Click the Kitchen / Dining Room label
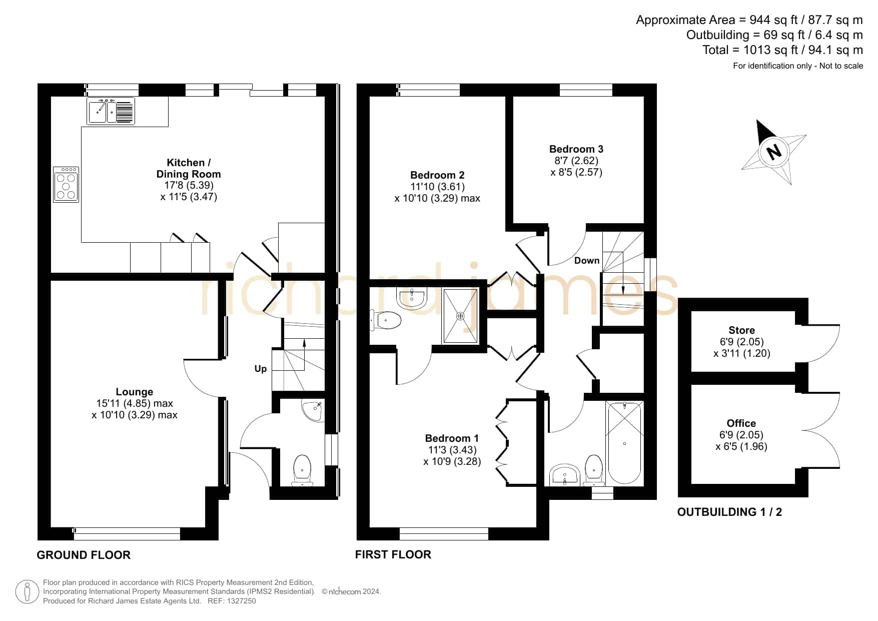pyautogui.click(x=189, y=168)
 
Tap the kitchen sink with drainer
pyautogui.click(x=111, y=111)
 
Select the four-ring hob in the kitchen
pyautogui.click(x=66, y=185)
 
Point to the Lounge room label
pyautogui.click(x=135, y=392)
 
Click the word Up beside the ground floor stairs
pyautogui.click(x=261, y=369)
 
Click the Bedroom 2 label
pyautogui.click(x=437, y=175)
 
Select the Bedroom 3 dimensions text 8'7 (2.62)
pyautogui.click(x=576, y=161)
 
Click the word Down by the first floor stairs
pyautogui.click(x=587, y=261)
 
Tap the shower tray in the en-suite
pyautogui.click(x=460, y=316)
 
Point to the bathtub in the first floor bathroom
pyautogui.click(x=624, y=443)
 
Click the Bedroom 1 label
pyautogui.click(x=452, y=438)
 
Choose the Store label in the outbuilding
pyautogui.click(x=742, y=330)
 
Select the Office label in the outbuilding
pyautogui.click(x=741, y=423)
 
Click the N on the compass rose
pyautogui.click(x=774, y=151)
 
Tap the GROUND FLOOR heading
pyautogui.click(x=84, y=555)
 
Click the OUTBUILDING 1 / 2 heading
pyautogui.click(x=729, y=512)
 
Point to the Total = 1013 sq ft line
pyautogui.click(x=782, y=50)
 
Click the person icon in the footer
pyautogui.click(x=27, y=592)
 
